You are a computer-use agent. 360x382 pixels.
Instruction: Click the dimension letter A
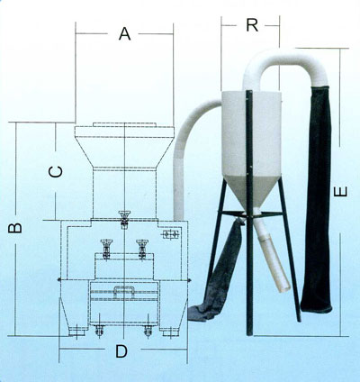pyautogui.click(x=124, y=33)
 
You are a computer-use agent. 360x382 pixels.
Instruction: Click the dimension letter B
pyautogui.click(x=14, y=228)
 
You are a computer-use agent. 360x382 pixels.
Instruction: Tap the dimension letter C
pyautogui.click(x=56, y=172)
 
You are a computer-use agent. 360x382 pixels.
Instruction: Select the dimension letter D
pyautogui.click(x=121, y=351)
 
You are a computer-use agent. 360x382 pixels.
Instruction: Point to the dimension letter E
pyautogui.click(x=341, y=192)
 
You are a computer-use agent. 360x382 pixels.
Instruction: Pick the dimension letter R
pyautogui.click(x=252, y=25)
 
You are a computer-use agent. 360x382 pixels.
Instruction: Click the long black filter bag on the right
pyautogui.click(x=317, y=199)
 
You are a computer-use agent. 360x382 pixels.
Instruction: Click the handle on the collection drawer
pyautogui.click(x=123, y=291)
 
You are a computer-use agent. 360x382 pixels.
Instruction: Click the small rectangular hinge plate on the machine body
pyautogui.click(x=171, y=234)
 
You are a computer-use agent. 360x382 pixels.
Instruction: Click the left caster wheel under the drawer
pyautogui.click(x=99, y=331)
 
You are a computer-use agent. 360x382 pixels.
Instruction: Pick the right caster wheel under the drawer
pyautogui.click(x=148, y=331)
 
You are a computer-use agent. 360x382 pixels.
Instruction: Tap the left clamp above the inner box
pyautogui.click(x=106, y=249)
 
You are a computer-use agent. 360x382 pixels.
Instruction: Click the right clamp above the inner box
pyautogui.click(x=142, y=249)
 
